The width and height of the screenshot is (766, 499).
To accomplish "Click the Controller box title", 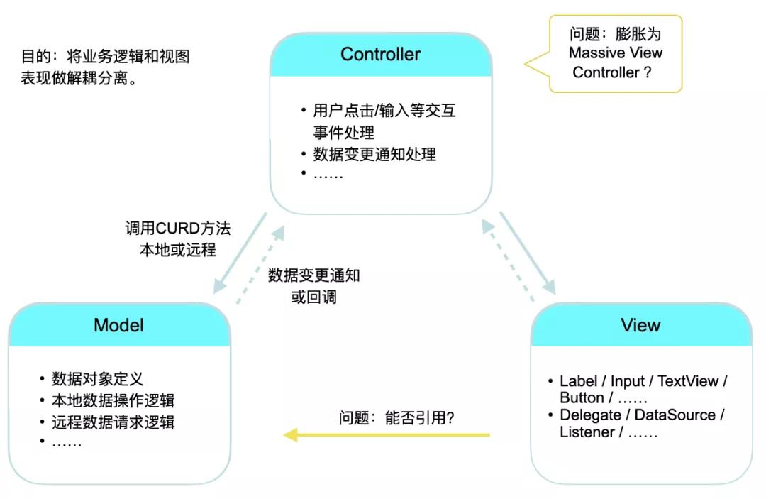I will pyautogui.click(x=380, y=55).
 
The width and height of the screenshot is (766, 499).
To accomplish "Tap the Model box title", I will pyautogui.click(x=118, y=325).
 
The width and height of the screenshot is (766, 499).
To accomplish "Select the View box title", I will pyautogui.click(x=640, y=325).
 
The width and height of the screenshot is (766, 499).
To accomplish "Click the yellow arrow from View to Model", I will pyautogui.click(x=387, y=434).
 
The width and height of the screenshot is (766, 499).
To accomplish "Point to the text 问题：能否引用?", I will pyautogui.click(x=396, y=418).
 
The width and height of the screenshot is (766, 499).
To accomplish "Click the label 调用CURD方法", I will pyautogui.click(x=177, y=229).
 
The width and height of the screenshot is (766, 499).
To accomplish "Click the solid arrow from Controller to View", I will pyautogui.click(x=528, y=253).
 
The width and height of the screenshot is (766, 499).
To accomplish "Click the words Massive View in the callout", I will pyautogui.click(x=616, y=53).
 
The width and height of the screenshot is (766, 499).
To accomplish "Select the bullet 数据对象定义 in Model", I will pyautogui.click(x=98, y=379).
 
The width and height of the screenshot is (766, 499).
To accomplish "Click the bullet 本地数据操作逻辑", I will pyautogui.click(x=113, y=400).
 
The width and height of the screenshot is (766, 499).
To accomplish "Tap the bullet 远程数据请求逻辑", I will pyautogui.click(x=113, y=422).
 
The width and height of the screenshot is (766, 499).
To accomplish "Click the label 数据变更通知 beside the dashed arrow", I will pyautogui.click(x=313, y=275).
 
